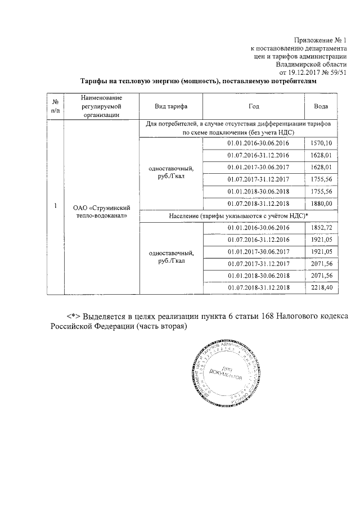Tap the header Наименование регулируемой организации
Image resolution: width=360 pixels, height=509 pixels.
coord(101,106)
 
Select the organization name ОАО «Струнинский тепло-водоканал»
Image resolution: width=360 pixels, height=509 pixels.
coord(101,210)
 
